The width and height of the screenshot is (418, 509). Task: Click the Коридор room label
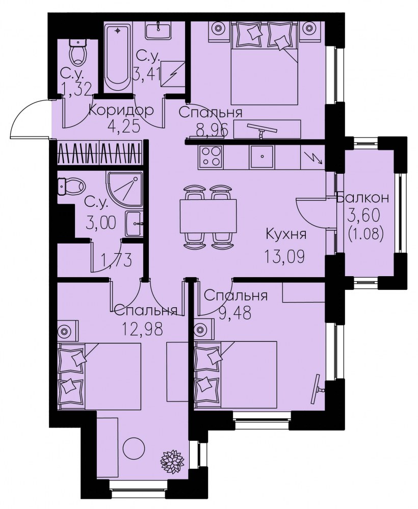[x=121, y=111]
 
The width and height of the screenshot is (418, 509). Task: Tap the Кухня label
[x=286, y=234]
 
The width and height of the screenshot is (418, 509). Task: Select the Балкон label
[x=363, y=198]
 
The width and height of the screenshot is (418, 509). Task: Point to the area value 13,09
[x=284, y=257]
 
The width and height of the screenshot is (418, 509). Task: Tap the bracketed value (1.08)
[x=365, y=233]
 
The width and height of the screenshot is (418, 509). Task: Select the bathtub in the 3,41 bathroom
[x=118, y=57]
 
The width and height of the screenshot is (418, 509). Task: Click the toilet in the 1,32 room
[x=79, y=52]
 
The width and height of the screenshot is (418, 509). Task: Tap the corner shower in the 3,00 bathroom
[x=124, y=189]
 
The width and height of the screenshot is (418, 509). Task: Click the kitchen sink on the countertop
[x=262, y=157]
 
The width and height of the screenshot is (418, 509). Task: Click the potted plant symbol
[x=173, y=460]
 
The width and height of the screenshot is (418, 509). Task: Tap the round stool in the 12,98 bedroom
[x=134, y=448]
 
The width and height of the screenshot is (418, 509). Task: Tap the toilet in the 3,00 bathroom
[x=71, y=186]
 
